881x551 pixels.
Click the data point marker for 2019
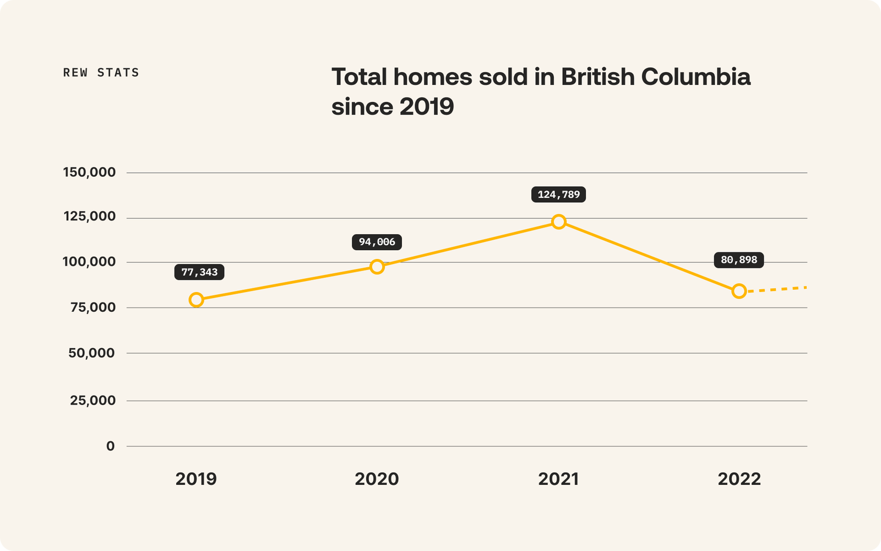pyautogui.click(x=196, y=300)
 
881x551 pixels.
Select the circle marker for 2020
pyautogui.click(x=377, y=267)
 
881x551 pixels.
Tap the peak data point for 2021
pyautogui.click(x=558, y=222)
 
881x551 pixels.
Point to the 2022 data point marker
pyautogui.click(x=739, y=291)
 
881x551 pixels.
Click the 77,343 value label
pyautogui.click(x=199, y=272)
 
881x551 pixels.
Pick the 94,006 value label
pyautogui.click(x=377, y=242)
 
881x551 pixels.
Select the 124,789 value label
pyautogui.click(x=558, y=195)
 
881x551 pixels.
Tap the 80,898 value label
pyautogui.click(x=739, y=260)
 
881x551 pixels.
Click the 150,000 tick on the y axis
pyautogui.click(x=89, y=172)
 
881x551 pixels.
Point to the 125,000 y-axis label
pyautogui.click(x=89, y=217)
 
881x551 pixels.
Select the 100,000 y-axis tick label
pyautogui.click(x=89, y=262)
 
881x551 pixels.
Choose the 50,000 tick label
pyautogui.click(x=91, y=353)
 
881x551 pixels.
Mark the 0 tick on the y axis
pyautogui.click(x=111, y=446)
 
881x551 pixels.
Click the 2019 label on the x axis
pyautogui.click(x=196, y=479)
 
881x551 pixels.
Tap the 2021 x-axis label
pyautogui.click(x=558, y=479)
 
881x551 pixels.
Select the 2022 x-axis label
pyautogui.click(x=739, y=479)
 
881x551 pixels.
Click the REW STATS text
pyautogui.click(x=101, y=73)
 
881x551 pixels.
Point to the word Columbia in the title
pyautogui.click(x=695, y=77)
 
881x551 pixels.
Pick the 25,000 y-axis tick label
pyautogui.click(x=93, y=401)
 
